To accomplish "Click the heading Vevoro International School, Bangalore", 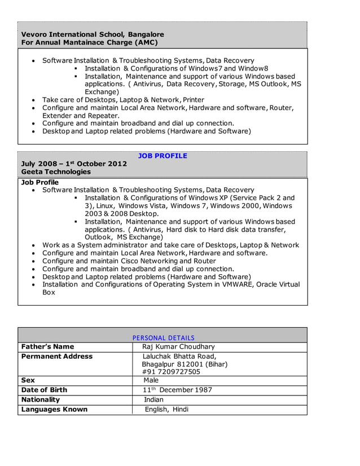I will pos(93,34).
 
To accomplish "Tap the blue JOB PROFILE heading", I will pos(163,156).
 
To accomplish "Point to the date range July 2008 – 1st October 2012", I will pos(74,164).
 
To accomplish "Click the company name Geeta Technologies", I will pos(56,172).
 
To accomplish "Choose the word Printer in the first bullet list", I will pos(194,99).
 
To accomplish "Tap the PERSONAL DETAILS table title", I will pos(163,338).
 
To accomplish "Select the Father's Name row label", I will pos(47,346).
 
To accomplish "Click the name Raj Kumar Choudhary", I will pos(178,346).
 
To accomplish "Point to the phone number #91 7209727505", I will pos(171,372).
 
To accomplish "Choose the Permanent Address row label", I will pos(56,356).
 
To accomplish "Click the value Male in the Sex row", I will pos(151,380).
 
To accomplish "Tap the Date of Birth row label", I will pos(44,390).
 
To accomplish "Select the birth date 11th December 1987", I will pos(177,390).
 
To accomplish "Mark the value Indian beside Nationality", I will pos(153,399).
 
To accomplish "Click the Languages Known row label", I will pos(54,409).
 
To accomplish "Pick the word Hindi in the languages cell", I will pos(181,409).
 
